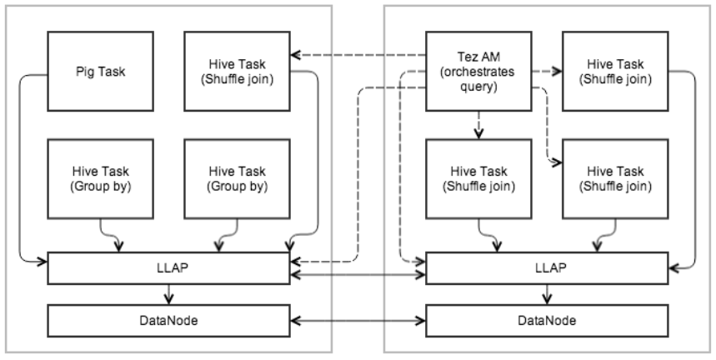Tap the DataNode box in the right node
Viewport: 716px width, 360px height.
click(x=547, y=319)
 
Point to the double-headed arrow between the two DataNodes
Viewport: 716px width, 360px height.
click(x=358, y=319)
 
